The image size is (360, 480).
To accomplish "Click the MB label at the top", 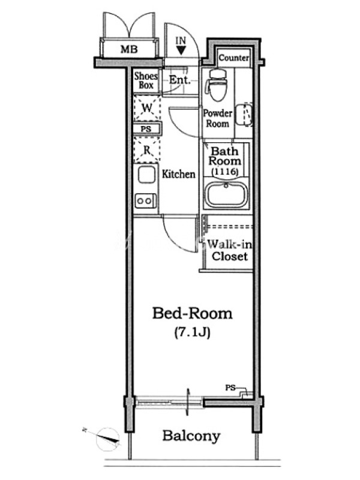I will coord(128,49).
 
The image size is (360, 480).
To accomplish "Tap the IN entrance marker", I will coord(181,41).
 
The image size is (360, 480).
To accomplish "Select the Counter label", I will coord(233,58).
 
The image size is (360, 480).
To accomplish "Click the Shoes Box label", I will coord(146,81).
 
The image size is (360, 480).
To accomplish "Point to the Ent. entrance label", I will coord(179,80).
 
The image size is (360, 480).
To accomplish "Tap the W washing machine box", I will coord(146,109).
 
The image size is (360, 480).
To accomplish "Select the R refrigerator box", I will coord(146,149).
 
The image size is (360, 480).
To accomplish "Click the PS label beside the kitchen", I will coord(146,129).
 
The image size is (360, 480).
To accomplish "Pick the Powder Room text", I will coord(217,118).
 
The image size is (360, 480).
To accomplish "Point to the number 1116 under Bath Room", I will coord(225,172).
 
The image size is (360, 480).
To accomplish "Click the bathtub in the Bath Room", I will coord(226,196).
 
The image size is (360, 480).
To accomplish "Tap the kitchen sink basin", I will coord(146,175).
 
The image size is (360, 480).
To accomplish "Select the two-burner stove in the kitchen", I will coord(146,200).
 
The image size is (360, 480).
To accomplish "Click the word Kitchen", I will coord(179,175).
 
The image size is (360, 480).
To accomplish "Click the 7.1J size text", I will coord(192,331).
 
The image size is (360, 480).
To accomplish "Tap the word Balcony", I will coord(191,436).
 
